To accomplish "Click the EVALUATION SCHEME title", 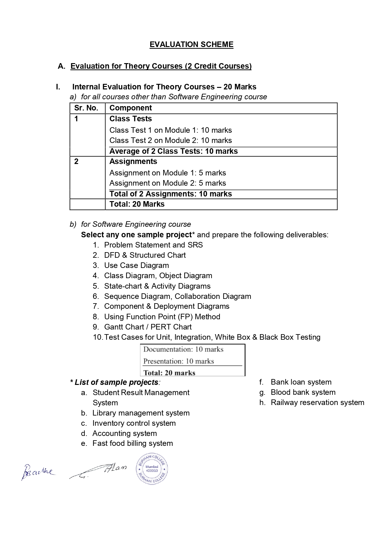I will pos(191,45).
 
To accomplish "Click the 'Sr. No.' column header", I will pos(86,108).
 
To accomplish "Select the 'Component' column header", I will pos(130,108).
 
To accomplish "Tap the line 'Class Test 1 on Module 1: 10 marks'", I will pos(170,130).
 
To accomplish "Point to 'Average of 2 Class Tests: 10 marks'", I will pos(173,151).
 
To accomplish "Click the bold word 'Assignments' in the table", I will pos(133,162).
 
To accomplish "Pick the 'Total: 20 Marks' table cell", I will pos(137,204).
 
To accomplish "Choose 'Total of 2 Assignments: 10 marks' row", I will pos(170,194).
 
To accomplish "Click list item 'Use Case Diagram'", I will pos(136,265).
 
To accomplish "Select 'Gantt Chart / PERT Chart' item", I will pos(148,327).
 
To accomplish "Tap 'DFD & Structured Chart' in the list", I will pos(145,255).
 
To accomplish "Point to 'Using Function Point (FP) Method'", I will pos(162,317).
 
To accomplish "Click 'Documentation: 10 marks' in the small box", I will pos(183,350).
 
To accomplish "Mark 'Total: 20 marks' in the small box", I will pos(169,373).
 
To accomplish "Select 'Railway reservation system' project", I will pos(317,403).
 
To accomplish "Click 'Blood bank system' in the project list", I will pos(303,392).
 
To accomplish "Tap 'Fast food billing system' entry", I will pos(132,443).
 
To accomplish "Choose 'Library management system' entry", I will pos(141,413).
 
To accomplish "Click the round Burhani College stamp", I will pos(152,469).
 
